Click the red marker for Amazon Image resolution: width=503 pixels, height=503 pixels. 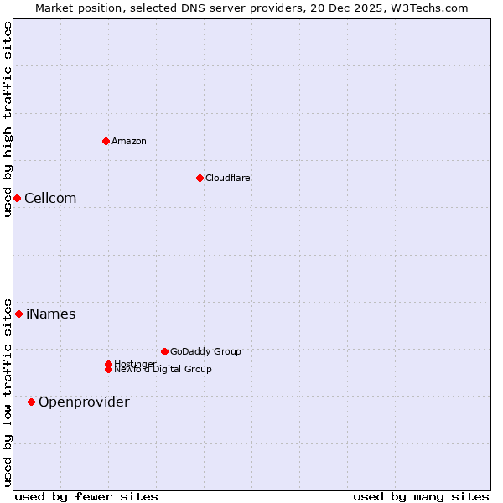click(x=106, y=141)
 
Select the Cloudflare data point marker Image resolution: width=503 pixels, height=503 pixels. click(x=200, y=178)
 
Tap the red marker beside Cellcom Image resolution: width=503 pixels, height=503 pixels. click(x=17, y=198)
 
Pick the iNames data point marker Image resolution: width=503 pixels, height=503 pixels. click(x=18, y=314)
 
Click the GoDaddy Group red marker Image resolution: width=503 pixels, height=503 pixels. click(x=164, y=351)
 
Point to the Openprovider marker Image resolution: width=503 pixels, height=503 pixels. click(x=31, y=402)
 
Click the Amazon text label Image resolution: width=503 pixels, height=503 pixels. click(x=129, y=141)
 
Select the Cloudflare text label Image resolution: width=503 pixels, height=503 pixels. click(x=228, y=178)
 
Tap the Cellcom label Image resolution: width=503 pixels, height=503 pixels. click(x=50, y=198)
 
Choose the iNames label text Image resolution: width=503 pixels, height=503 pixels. click(x=51, y=314)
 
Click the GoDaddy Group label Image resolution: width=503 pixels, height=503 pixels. click(x=205, y=351)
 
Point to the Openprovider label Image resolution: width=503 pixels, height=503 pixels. click(x=84, y=402)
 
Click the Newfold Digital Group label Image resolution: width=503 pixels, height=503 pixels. click(x=163, y=370)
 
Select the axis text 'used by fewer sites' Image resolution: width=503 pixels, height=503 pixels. click(x=86, y=496)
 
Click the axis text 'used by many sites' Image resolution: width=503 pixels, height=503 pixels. click(x=421, y=496)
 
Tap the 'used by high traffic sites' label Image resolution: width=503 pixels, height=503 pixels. click(x=8, y=119)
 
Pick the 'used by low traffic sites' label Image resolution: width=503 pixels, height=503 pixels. click(x=8, y=392)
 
